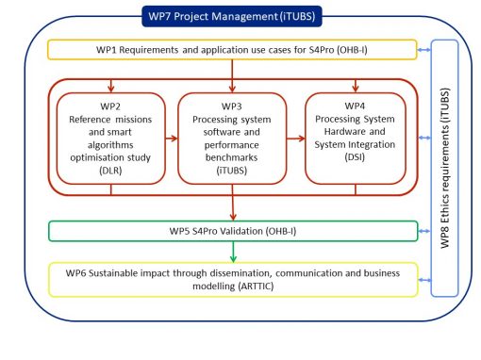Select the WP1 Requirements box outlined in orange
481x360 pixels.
point(231,50)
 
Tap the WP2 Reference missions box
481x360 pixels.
point(111,137)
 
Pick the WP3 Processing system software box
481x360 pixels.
point(231,137)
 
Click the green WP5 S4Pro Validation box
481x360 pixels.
point(231,230)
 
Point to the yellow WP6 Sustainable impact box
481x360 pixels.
point(231,280)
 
